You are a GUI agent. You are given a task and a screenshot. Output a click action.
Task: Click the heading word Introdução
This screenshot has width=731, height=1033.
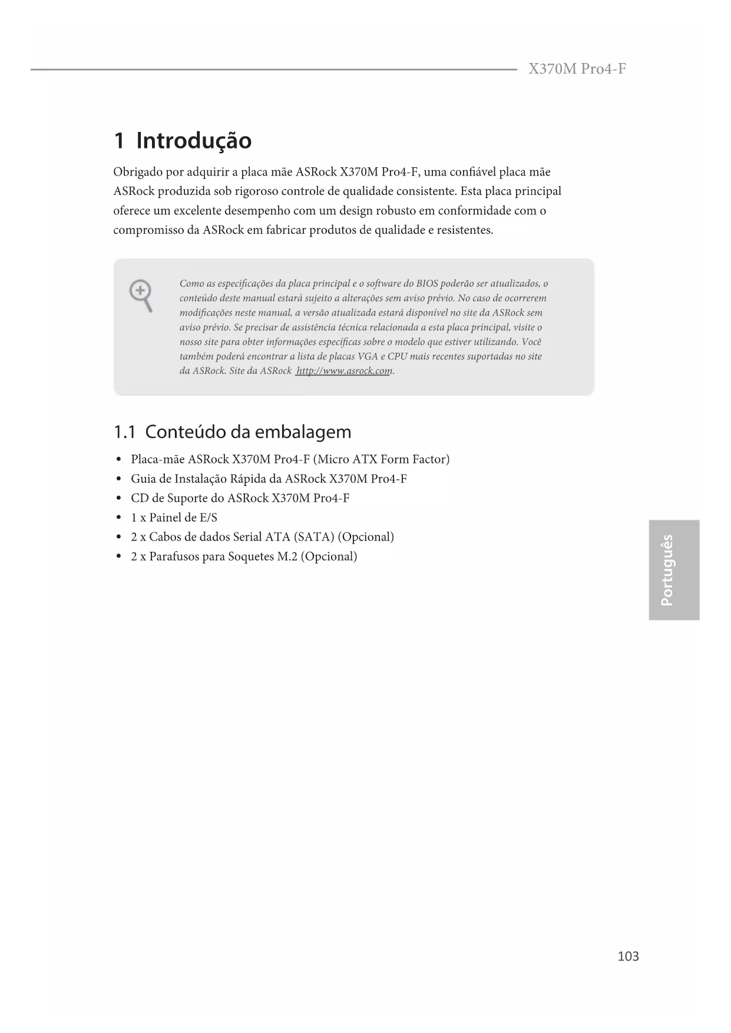194,141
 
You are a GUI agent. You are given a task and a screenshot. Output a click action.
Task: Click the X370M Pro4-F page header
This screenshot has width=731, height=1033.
577,69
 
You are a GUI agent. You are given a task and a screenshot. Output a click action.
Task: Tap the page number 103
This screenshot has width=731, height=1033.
628,956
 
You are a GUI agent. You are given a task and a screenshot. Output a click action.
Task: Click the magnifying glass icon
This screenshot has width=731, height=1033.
141,296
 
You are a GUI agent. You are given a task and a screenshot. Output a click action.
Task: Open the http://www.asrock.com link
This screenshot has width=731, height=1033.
344,371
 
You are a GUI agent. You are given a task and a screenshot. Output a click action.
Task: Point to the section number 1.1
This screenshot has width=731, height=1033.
124,432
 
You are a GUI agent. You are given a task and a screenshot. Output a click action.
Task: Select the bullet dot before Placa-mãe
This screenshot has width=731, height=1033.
119,459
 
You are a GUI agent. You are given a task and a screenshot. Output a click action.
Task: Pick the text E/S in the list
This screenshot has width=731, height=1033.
208,518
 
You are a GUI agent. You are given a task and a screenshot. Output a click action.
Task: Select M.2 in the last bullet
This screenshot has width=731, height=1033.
287,557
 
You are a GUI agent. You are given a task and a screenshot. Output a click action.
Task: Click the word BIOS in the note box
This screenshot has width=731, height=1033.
427,284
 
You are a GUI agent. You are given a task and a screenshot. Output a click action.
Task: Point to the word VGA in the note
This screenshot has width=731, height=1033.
368,357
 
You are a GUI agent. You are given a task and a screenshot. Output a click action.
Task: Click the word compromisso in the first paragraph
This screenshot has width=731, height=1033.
148,230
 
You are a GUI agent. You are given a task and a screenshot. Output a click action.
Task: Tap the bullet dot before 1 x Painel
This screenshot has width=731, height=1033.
119,518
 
